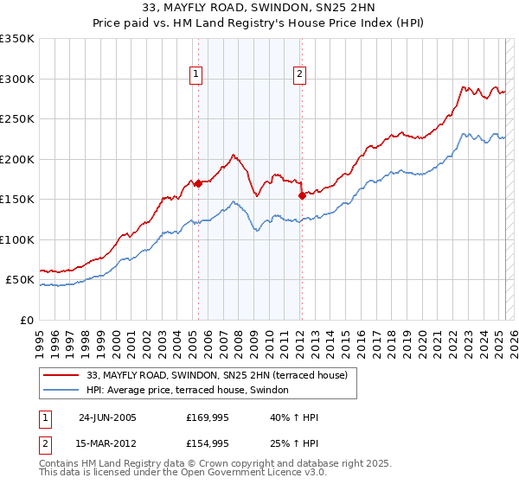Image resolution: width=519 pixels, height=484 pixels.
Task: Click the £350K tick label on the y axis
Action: coord(17,39)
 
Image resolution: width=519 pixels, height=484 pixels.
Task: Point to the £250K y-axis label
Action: coord(17,119)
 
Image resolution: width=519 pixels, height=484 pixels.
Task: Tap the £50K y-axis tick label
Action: coord(21,280)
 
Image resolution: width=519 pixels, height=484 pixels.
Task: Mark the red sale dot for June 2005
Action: coord(198,183)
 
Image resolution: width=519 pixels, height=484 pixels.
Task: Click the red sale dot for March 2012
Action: coord(301,195)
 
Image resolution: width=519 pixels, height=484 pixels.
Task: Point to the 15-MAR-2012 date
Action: coord(107,443)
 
